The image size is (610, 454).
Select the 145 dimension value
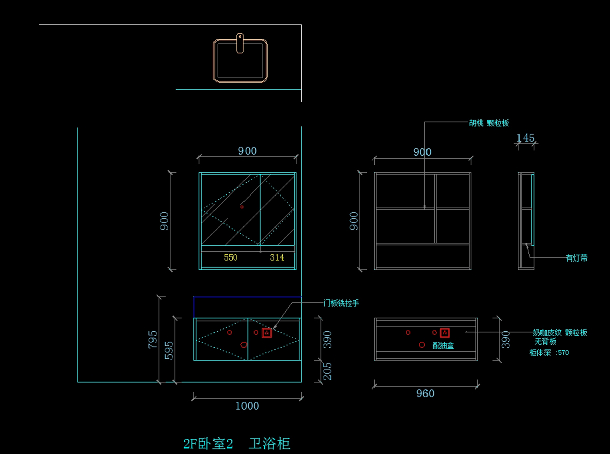pos(526,138)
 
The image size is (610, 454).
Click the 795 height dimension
pos(152,340)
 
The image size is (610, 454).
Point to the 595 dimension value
pos(169,350)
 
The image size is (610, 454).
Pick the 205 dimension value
pos(328,371)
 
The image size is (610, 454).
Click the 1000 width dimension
pos(247,406)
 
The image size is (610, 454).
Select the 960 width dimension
pos(425,393)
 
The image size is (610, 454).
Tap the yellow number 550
pos(231,257)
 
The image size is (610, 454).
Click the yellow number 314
pos(277,257)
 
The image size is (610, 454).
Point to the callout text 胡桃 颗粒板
pos(489,123)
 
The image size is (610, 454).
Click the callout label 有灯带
pos(577,258)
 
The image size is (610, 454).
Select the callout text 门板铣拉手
pos(342,303)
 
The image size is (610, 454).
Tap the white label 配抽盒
pos(443,346)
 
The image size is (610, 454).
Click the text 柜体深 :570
pos(549,352)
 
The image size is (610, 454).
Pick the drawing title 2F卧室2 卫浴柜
pos(236,444)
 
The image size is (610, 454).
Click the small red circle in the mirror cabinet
pos(242,207)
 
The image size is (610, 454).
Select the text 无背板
pos(545,342)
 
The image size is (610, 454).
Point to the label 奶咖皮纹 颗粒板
pos(560,332)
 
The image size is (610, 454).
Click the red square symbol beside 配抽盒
pos(445,333)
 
